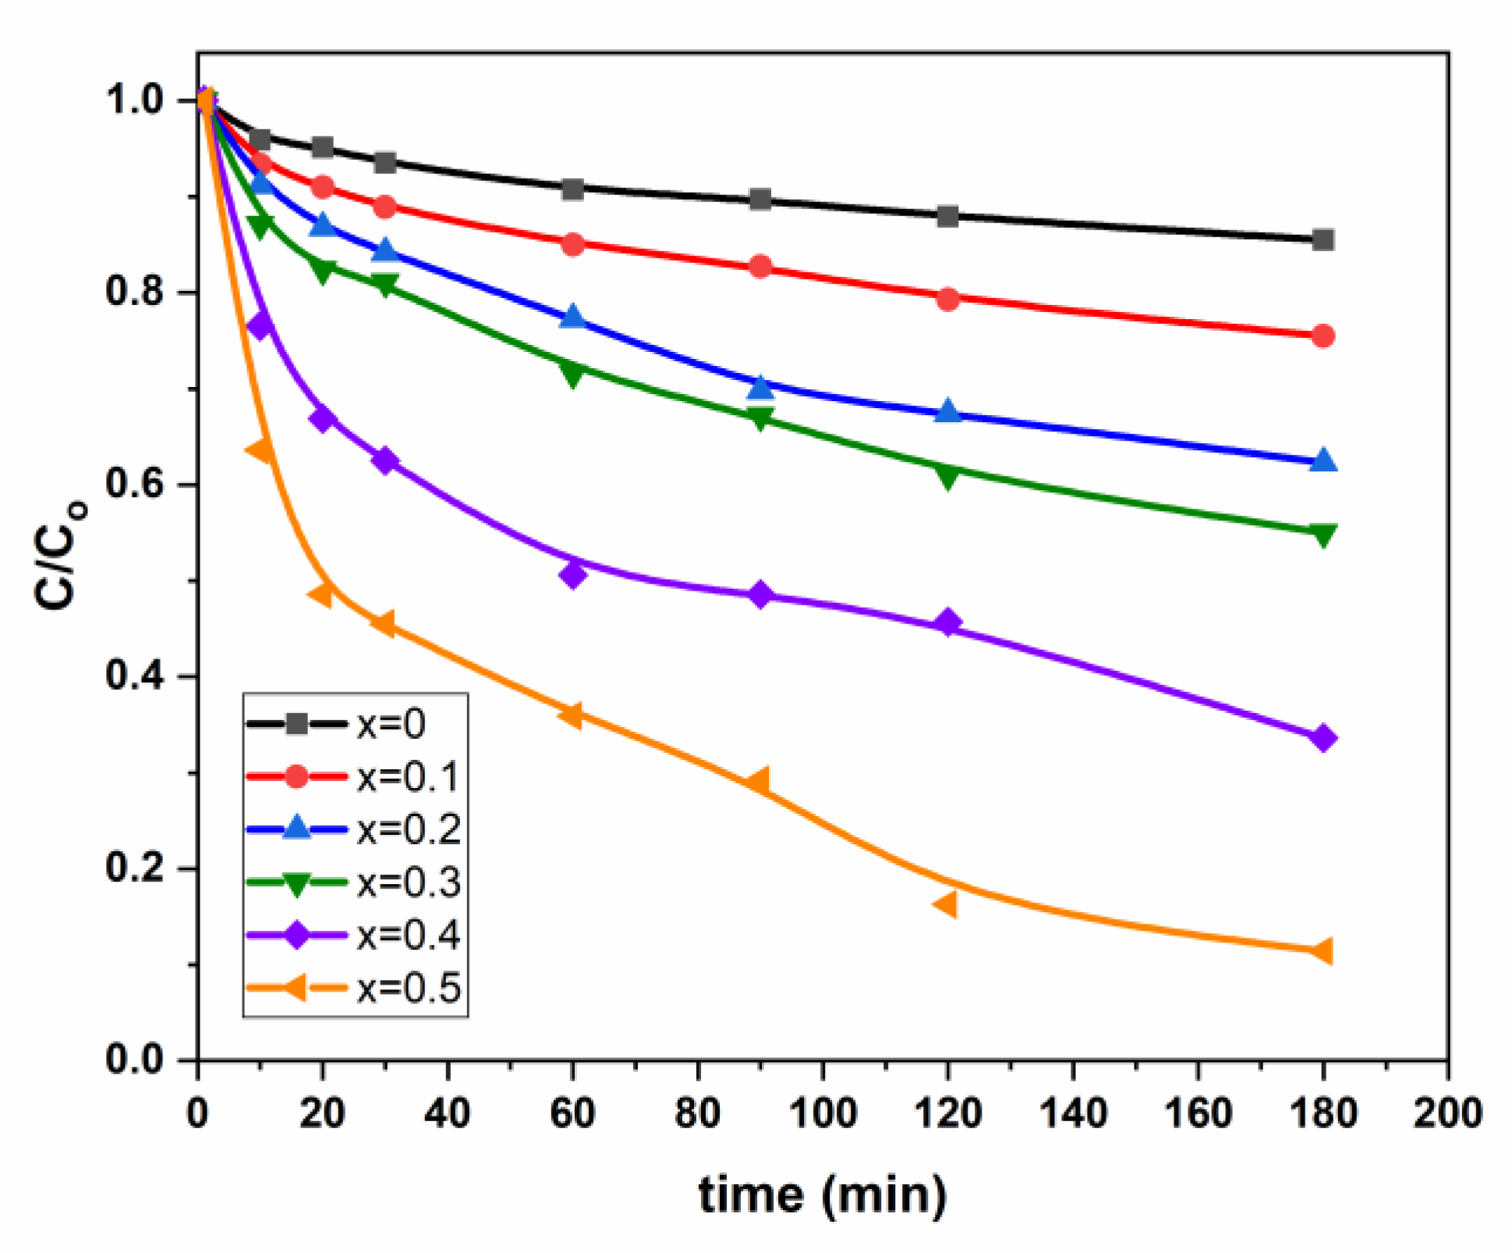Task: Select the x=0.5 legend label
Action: click(x=408, y=989)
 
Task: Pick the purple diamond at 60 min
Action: click(x=572, y=576)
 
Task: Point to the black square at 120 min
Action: click(x=947, y=216)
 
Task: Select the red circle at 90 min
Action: click(x=760, y=267)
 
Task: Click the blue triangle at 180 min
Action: click(x=1323, y=461)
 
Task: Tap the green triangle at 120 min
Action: click(x=947, y=475)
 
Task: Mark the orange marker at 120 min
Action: click(x=946, y=904)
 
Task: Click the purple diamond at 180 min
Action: click(x=1323, y=737)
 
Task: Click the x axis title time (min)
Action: click(x=823, y=1195)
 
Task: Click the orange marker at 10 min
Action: click(x=260, y=449)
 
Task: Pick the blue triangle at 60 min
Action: click(x=573, y=317)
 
